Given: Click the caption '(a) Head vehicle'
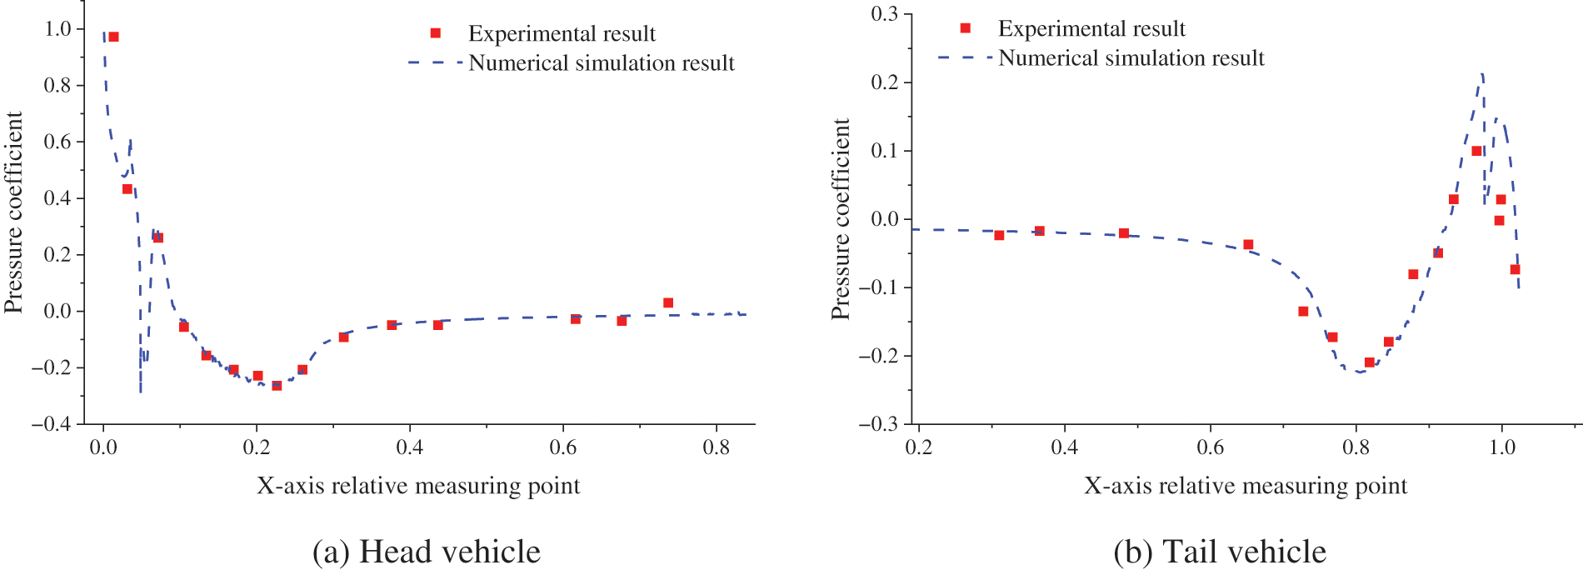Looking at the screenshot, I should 426,552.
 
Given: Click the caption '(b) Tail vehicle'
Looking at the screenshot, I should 1219,552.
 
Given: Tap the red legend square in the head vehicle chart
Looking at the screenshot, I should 435,33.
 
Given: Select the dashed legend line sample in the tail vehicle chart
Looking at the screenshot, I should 964,57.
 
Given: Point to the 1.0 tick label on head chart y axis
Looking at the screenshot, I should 57,29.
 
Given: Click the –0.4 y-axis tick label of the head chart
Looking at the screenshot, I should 52,424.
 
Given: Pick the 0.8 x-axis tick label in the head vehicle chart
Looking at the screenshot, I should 716,448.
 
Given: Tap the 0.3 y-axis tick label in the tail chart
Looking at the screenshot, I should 884,14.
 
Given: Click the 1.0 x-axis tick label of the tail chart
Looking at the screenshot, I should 1501,447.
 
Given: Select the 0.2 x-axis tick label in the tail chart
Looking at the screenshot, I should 918,447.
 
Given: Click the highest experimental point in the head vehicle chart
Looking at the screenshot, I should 113,37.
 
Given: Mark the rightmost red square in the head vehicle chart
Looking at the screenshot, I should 667,302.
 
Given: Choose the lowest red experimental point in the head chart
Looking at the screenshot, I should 277,386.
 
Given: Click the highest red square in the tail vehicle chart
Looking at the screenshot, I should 1476,151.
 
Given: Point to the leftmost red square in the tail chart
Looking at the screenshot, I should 999,235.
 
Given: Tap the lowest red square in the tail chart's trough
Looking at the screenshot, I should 1369,362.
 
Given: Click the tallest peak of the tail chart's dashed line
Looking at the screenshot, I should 1482,75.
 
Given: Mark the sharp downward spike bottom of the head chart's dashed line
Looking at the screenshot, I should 140,392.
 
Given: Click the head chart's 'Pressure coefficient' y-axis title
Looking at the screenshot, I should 13,212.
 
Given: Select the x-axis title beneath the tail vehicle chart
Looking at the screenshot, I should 1245,486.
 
